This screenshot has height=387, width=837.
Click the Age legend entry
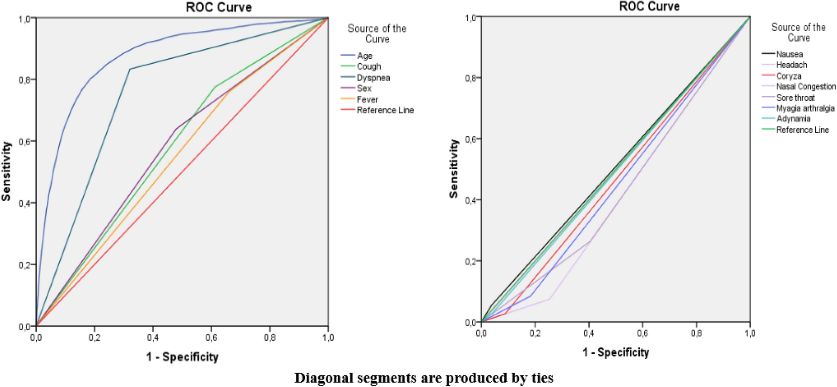click(364, 55)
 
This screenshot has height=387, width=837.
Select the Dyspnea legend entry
click(373, 77)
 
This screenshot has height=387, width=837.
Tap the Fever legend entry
click(367, 99)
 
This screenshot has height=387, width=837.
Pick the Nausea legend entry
click(789, 54)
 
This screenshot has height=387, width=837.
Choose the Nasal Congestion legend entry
click(805, 86)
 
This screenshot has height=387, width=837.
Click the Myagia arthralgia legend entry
click(805, 108)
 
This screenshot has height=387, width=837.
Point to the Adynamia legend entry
click(793, 119)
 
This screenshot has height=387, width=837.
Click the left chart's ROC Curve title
click(219, 7)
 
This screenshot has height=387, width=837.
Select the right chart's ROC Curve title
click(649, 6)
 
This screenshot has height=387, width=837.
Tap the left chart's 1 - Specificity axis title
click(182, 357)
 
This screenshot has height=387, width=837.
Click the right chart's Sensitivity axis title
click(454, 169)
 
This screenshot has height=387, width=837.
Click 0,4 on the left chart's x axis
click(153, 337)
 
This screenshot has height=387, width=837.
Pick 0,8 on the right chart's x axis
click(696, 333)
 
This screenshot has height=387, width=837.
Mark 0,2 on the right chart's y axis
click(470, 261)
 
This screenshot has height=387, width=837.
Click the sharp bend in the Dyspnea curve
click(130, 69)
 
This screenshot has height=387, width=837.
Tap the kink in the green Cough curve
click(215, 87)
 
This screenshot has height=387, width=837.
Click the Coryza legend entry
click(788, 76)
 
